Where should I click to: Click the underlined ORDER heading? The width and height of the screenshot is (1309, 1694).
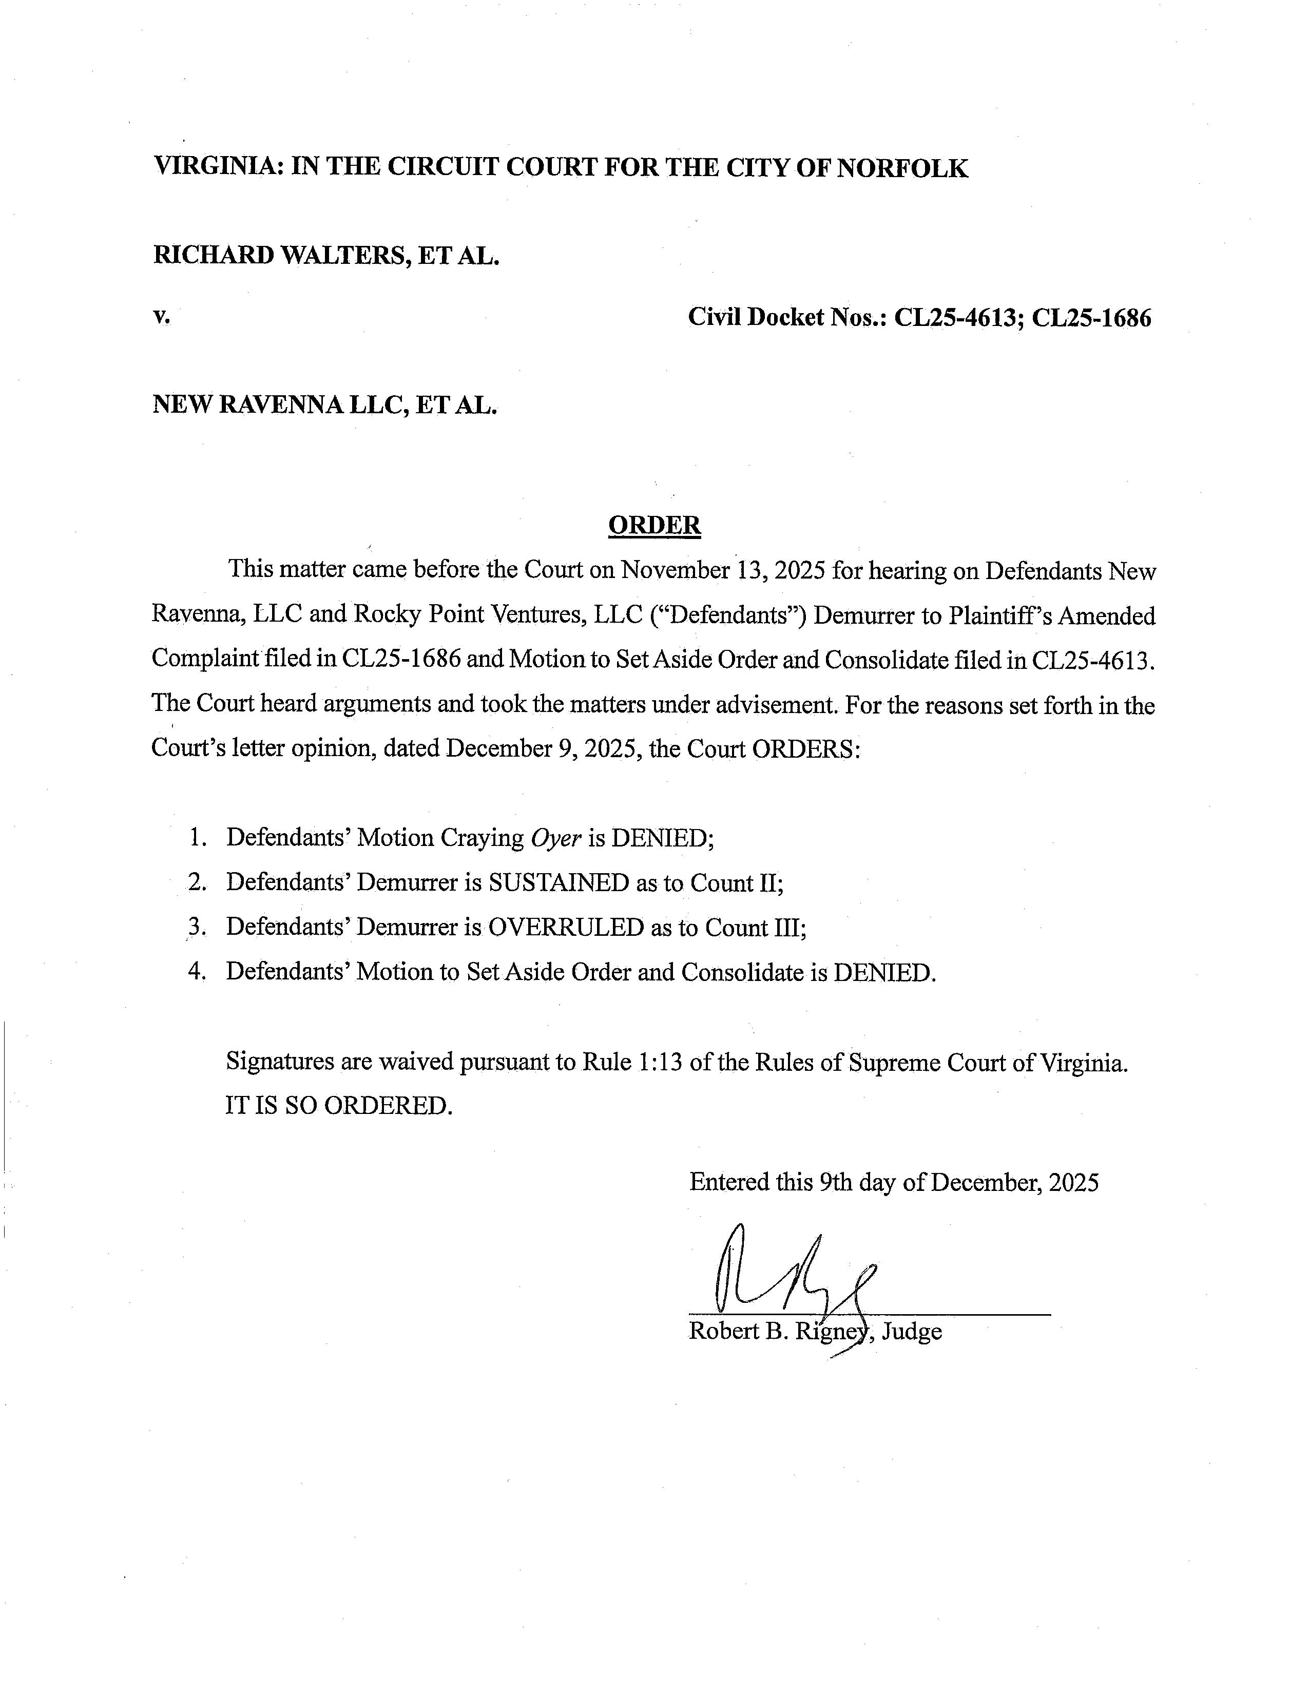click(x=654, y=526)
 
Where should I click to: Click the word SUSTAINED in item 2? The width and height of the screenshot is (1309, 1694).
click(x=559, y=883)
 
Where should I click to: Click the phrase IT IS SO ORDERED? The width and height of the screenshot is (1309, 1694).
click(x=338, y=1105)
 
